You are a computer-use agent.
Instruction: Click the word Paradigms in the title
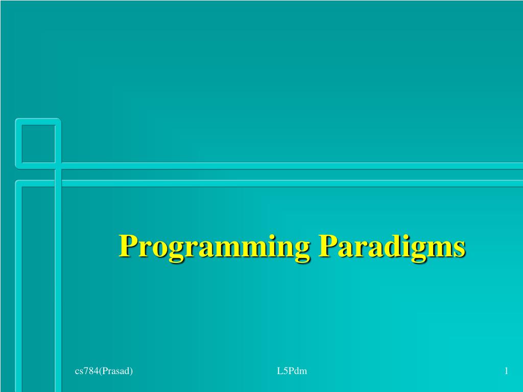tap(392, 248)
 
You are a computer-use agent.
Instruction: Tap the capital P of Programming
tap(128, 246)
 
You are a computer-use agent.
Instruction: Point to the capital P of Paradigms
tap(327, 246)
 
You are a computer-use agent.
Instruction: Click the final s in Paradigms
tap(459, 250)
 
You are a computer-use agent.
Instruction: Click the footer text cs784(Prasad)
tap(104, 371)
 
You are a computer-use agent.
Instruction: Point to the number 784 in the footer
tap(91, 371)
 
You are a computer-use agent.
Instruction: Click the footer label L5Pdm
tap(292, 371)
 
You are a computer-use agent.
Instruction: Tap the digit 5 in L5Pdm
tap(284, 371)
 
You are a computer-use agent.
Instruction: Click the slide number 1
tap(506, 371)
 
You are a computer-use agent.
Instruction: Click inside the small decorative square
tap(38, 143)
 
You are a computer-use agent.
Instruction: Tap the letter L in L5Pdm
tap(279, 371)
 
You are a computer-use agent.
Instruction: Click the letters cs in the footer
tap(79, 372)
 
